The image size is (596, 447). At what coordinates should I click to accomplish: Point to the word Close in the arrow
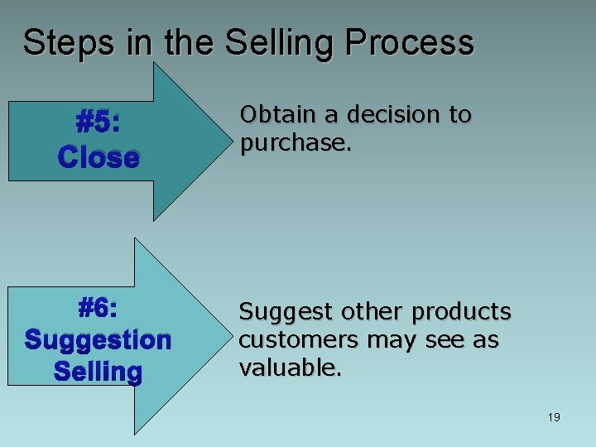pyautogui.click(x=99, y=157)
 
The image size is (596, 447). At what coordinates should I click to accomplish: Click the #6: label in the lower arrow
pyautogui.click(x=98, y=309)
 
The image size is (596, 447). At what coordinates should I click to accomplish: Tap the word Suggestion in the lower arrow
pyautogui.click(x=98, y=340)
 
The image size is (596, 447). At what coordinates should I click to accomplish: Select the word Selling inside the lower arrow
pyautogui.click(x=98, y=372)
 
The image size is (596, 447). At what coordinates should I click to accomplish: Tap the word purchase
pyautogui.click(x=295, y=143)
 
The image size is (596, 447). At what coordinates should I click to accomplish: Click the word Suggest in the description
pyautogui.click(x=278, y=313)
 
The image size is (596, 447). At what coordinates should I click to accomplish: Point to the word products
pyautogui.click(x=463, y=312)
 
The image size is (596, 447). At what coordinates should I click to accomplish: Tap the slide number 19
pyautogui.click(x=554, y=417)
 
